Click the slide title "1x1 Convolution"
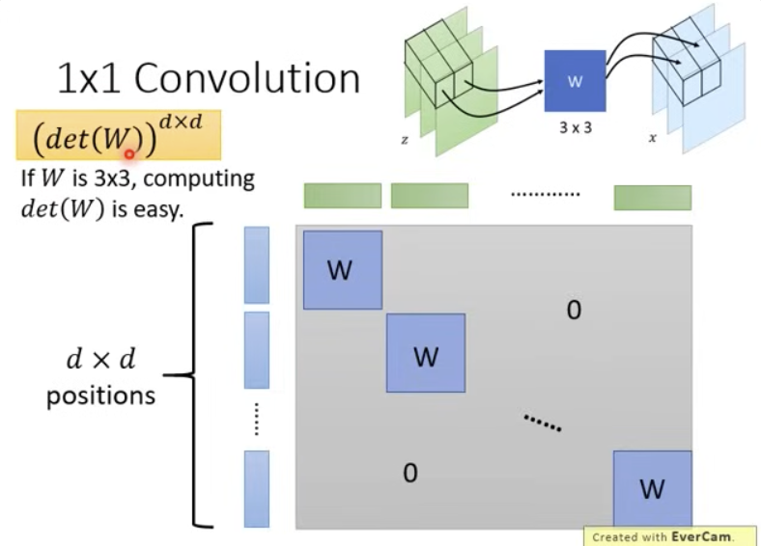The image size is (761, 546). click(x=209, y=78)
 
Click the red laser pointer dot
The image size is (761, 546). click(x=128, y=152)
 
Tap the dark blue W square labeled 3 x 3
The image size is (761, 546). click(x=575, y=82)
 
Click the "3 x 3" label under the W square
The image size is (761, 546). click(x=575, y=127)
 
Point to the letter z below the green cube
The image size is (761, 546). click(x=405, y=139)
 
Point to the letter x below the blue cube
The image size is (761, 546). click(x=653, y=138)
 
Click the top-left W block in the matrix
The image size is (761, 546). click(x=343, y=270)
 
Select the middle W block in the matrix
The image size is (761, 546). click(x=425, y=353)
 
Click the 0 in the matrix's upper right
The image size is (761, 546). click(x=574, y=311)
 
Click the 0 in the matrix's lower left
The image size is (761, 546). click(x=409, y=473)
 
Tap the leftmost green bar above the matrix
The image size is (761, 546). click(x=342, y=196)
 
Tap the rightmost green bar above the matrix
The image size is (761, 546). click(x=652, y=197)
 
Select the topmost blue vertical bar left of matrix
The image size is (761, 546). click(x=256, y=265)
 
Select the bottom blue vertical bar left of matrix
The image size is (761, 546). click(x=256, y=488)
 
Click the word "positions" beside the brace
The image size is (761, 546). click(x=100, y=396)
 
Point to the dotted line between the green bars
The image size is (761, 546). click(x=545, y=193)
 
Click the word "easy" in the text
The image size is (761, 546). click(x=160, y=209)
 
